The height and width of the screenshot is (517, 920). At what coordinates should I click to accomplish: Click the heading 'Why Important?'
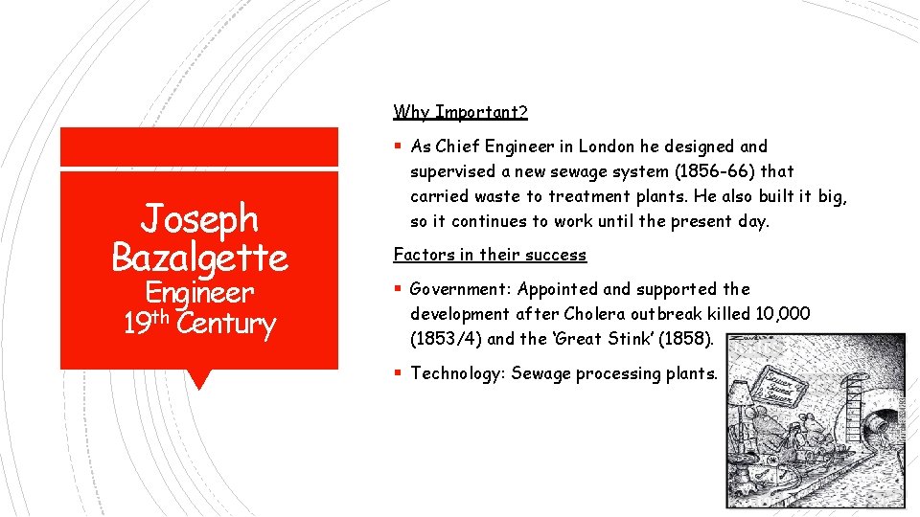(x=460, y=112)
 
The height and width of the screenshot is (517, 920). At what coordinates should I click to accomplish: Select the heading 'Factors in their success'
(x=490, y=255)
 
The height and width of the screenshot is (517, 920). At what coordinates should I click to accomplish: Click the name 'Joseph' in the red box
(x=199, y=219)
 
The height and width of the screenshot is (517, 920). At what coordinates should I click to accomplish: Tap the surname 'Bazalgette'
(x=199, y=257)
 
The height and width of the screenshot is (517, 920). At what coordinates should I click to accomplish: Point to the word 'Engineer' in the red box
(x=199, y=293)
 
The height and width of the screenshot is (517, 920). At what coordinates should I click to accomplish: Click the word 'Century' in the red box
(x=226, y=324)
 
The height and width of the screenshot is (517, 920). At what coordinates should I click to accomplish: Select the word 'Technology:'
(x=457, y=373)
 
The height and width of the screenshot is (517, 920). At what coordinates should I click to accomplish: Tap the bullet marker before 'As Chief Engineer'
(x=398, y=146)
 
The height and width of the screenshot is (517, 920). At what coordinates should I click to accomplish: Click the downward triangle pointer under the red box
(x=199, y=379)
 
